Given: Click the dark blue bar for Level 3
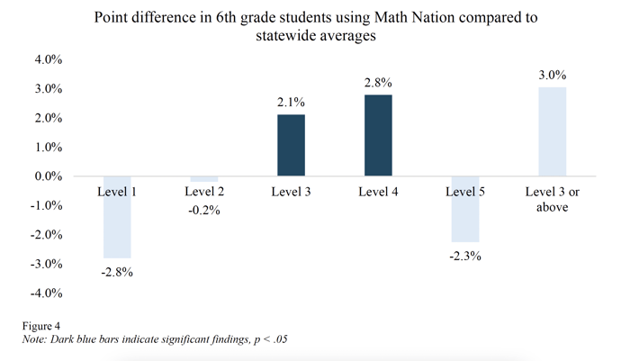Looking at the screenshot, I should [291, 145].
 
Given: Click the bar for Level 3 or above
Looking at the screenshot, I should [552, 131].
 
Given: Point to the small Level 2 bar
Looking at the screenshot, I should [203, 179].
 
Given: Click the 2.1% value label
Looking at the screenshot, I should [291, 103].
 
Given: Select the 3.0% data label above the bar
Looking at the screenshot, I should [552, 75].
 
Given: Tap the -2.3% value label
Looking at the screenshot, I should [464, 256].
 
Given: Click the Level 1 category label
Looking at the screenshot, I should [117, 191].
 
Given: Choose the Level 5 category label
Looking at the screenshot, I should [464, 191].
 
